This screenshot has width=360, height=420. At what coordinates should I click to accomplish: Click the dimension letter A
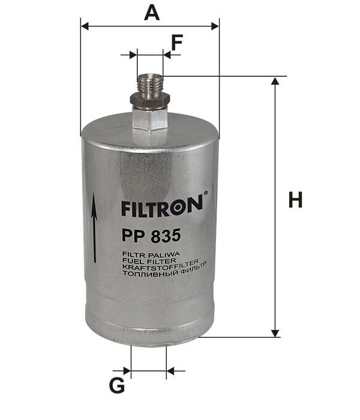coord(154,11)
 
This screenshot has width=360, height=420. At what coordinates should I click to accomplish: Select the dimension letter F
coord(176,43)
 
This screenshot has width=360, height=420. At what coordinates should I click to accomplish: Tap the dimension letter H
coord(295,200)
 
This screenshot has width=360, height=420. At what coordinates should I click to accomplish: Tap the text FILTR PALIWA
coord(148,254)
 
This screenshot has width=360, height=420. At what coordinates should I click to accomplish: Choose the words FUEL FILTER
coord(145,261)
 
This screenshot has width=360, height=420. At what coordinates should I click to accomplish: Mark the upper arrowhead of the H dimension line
coord(276,81)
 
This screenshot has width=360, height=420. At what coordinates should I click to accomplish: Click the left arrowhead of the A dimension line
coord(85,26)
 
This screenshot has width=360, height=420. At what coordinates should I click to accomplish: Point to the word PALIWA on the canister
coord(160,254)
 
